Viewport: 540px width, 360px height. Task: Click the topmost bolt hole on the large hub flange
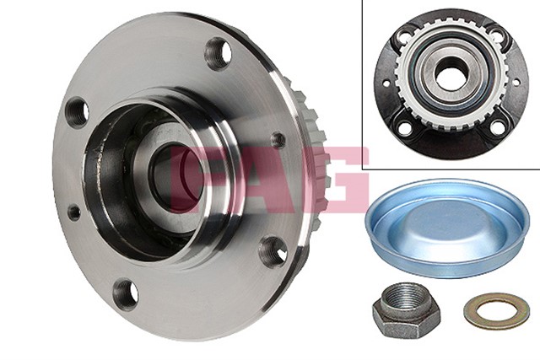point(218,53)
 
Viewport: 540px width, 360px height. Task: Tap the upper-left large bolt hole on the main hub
point(78,110)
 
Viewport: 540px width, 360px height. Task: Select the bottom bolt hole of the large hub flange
point(125,293)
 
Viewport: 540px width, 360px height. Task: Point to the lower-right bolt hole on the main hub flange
point(273,249)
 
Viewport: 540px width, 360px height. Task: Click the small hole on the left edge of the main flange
point(73,212)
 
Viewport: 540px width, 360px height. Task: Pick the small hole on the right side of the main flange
point(277,139)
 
